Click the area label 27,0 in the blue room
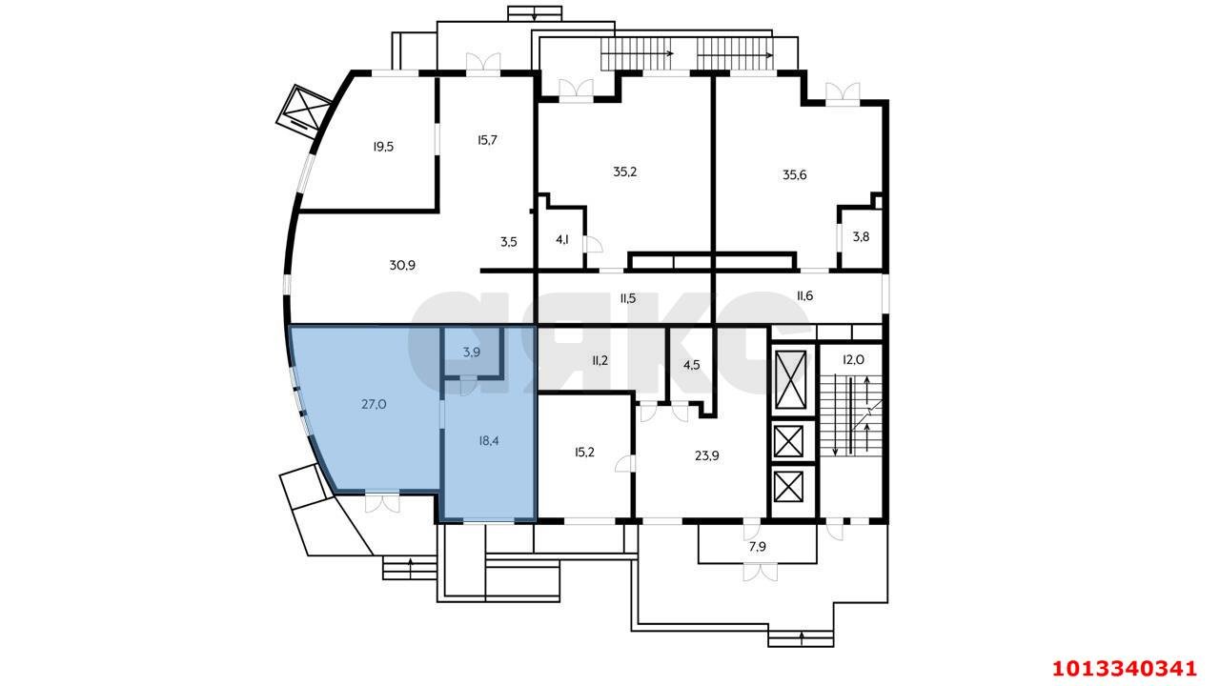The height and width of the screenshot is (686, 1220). tap(375, 405)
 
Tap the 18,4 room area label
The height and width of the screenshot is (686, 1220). tap(489, 441)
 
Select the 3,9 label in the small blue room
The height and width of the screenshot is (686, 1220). tap(472, 353)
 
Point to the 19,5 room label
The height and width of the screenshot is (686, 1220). tap(383, 147)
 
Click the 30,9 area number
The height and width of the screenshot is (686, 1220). tap(402, 265)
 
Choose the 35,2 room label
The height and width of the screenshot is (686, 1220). tap(624, 172)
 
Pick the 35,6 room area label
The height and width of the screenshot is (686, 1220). tap(795, 174)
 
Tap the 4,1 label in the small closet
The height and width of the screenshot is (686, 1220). tap(562, 239)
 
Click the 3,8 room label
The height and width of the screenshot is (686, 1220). tap(861, 237)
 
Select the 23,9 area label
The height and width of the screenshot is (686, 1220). tap(707, 455)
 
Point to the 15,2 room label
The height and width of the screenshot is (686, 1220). tap(584, 453)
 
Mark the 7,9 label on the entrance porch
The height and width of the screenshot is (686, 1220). tap(758, 547)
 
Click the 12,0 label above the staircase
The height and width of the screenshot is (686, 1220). tap(853, 360)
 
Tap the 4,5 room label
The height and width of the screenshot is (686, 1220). tap(692, 365)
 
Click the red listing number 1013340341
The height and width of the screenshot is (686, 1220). tap(1124, 668)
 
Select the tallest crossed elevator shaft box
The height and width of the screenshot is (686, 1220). tap(790, 379)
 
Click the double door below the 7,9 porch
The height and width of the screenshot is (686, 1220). tap(760, 572)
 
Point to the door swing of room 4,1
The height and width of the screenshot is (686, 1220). tap(594, 245)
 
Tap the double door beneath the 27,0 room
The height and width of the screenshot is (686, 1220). tap(382, 502)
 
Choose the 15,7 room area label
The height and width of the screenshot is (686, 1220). tap(487, 140)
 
